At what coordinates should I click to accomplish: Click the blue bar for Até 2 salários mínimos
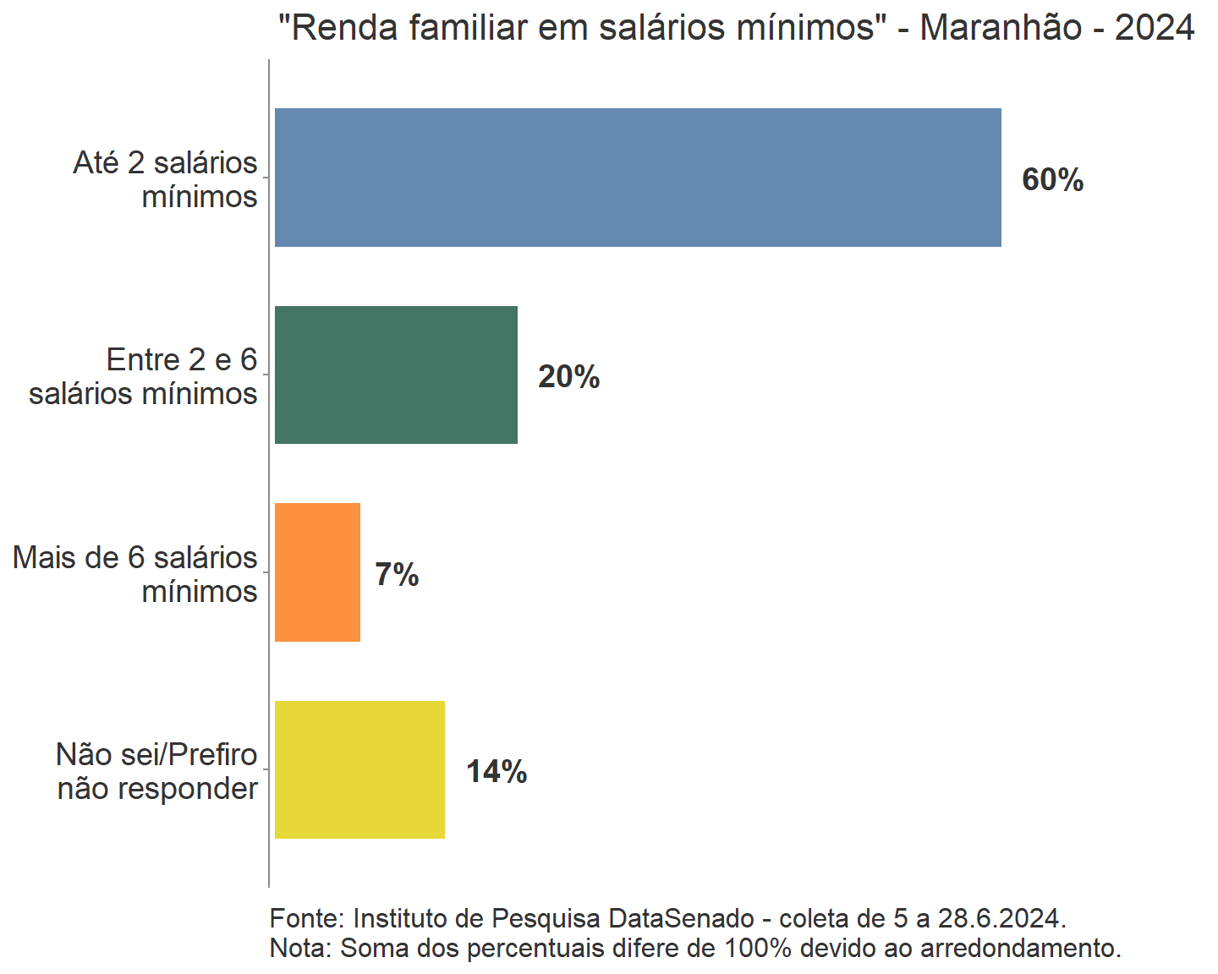tap(638, 178)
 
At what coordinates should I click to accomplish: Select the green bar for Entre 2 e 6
tap(396, 375)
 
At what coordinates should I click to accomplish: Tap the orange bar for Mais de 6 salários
tap(317, 572)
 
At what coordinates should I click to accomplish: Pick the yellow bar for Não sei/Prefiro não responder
tap(359, 769)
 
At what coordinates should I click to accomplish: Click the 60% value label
tap(1052, 180)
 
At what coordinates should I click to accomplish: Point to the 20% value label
tap(568, 377)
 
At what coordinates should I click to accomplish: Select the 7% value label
tap(397, 575)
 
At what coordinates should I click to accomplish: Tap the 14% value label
tap(497, 772)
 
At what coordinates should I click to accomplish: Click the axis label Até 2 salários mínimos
tap(166, 179)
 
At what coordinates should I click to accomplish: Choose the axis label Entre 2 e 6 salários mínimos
tap(144, 377)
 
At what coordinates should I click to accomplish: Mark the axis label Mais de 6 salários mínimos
tap(135, 574)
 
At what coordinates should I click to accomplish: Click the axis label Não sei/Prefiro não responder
tap(157, 771)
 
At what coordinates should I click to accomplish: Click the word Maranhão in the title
tap(1001, 28)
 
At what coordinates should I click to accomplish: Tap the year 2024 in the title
tap(1154, 28)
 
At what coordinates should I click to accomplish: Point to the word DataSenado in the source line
tap(681, 918)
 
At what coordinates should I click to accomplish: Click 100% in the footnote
tap(758, 948)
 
